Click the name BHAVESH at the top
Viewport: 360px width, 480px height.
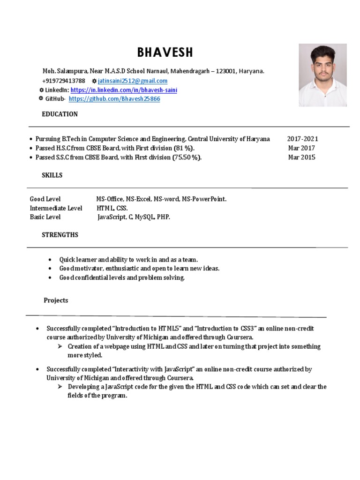click(165, 52)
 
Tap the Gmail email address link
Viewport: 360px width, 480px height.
click(133, 81)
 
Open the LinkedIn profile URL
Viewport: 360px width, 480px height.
click(124, 90)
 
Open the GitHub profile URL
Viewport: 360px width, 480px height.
click(114, 99)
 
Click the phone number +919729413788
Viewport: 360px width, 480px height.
click(64, 81)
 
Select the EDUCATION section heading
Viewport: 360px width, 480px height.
click(60, 114)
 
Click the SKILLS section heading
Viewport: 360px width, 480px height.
click(52, 175)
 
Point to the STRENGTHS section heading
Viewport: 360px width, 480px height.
click(60, 234)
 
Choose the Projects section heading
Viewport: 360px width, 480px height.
click(56, 300)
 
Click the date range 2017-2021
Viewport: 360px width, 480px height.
click(302, 139)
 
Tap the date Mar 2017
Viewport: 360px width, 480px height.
click(301, 148)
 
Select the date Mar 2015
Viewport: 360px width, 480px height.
click(301, 157)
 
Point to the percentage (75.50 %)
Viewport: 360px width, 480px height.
click(187, 157)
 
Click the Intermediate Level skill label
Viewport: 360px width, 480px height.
click(56, 208)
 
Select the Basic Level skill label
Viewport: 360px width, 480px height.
click(45, 217)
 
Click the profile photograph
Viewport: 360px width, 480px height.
click(322, 75)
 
